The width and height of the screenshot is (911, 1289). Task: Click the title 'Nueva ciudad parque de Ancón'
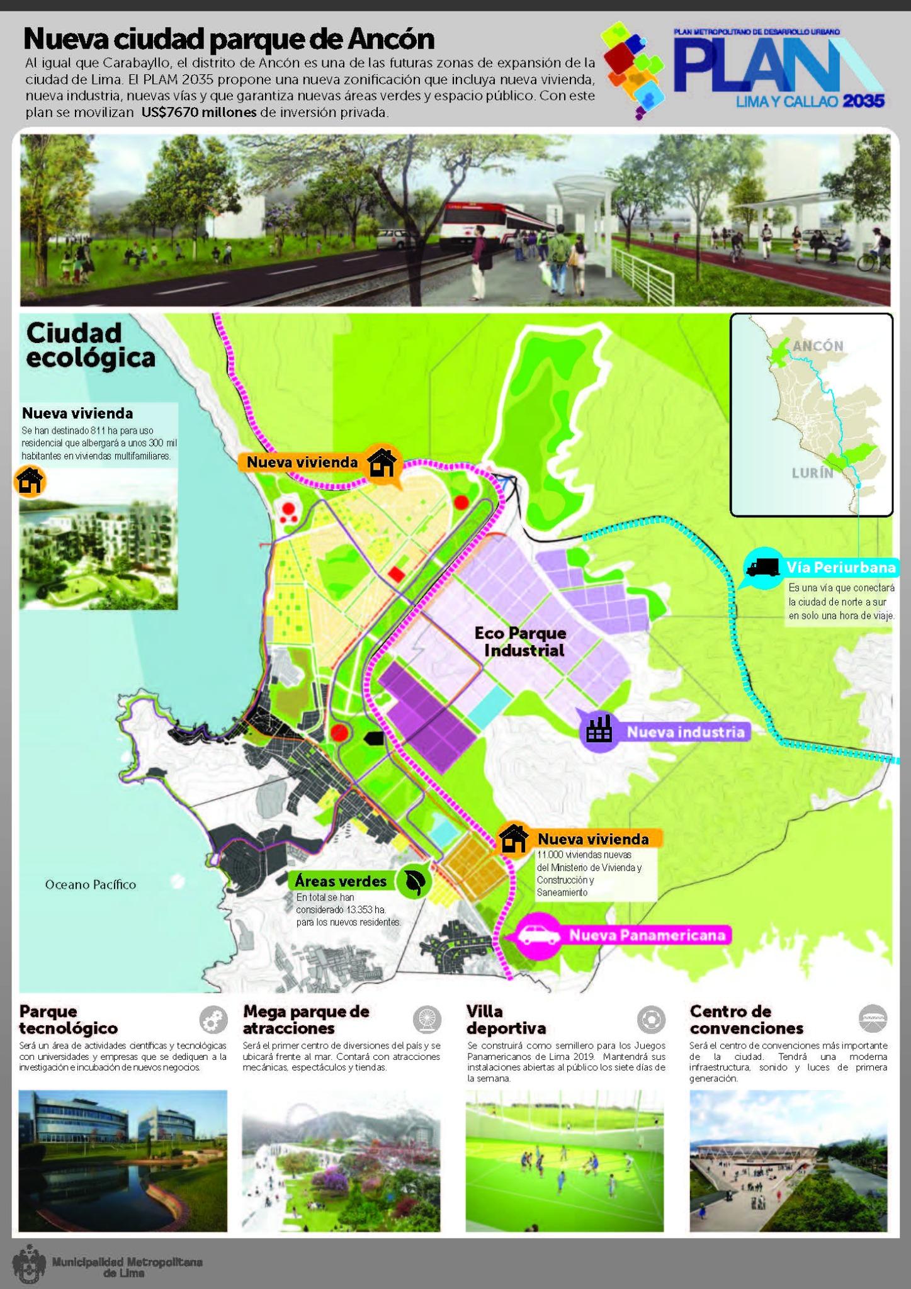(229, 40)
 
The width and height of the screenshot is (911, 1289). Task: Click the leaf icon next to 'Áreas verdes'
(414, 881)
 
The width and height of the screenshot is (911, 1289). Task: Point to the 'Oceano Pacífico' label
(91, 884)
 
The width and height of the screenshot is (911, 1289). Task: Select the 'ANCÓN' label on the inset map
(818, 346)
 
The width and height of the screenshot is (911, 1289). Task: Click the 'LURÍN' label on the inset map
(812, 473)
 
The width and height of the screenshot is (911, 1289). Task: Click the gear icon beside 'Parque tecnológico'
(213, 1019)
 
